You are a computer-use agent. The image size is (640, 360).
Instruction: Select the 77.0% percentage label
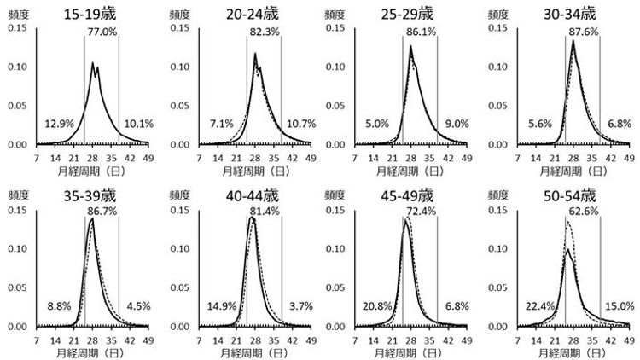[x=102, y=32]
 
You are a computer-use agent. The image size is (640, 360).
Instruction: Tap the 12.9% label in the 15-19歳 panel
[x=59, y=124]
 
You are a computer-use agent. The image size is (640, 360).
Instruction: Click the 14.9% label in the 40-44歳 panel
[x=221, y=306]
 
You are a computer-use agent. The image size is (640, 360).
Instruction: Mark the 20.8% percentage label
[x=383, y=306]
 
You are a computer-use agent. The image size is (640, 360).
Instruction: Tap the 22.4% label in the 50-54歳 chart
[x=544, y=306]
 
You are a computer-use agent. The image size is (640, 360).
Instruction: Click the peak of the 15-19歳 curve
[x=92, y=62]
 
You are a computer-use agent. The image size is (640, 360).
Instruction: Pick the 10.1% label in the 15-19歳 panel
[x=137, y=124]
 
